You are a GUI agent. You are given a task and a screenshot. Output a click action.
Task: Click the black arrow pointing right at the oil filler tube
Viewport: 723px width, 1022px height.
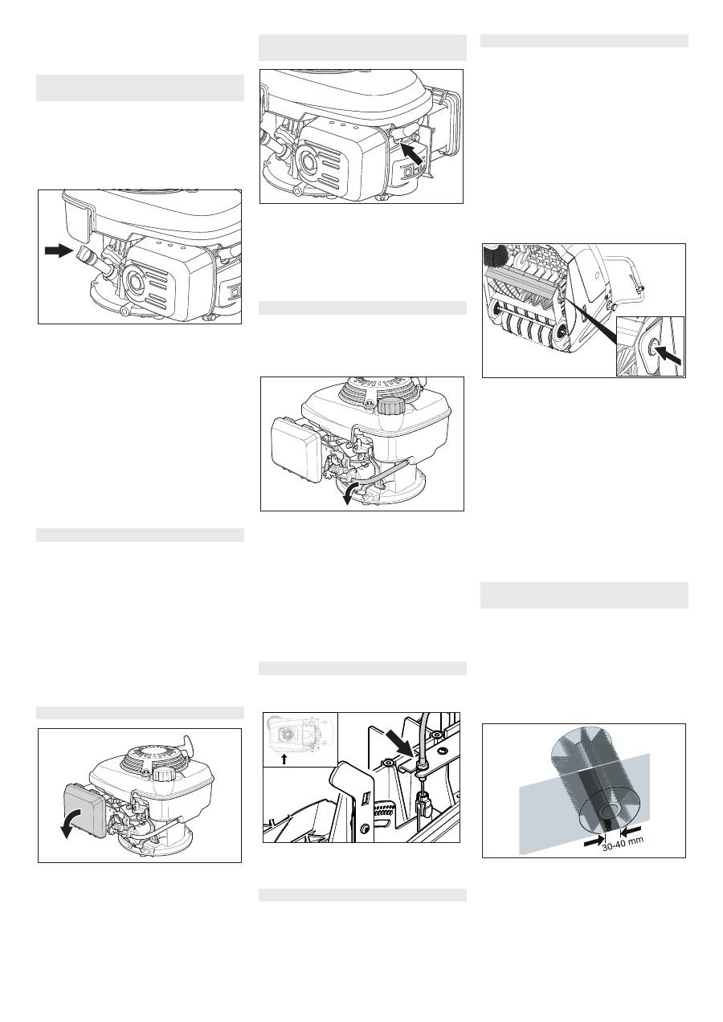click(x=59, y=250)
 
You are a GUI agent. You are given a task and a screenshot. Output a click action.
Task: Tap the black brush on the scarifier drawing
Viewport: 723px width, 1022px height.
click(x=496, y=256)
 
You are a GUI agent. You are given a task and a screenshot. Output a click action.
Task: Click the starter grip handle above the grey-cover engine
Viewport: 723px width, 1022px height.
click(x=187, y=740)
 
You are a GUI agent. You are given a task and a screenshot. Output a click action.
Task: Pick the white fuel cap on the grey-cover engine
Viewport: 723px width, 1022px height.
click(x=162, y=774)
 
